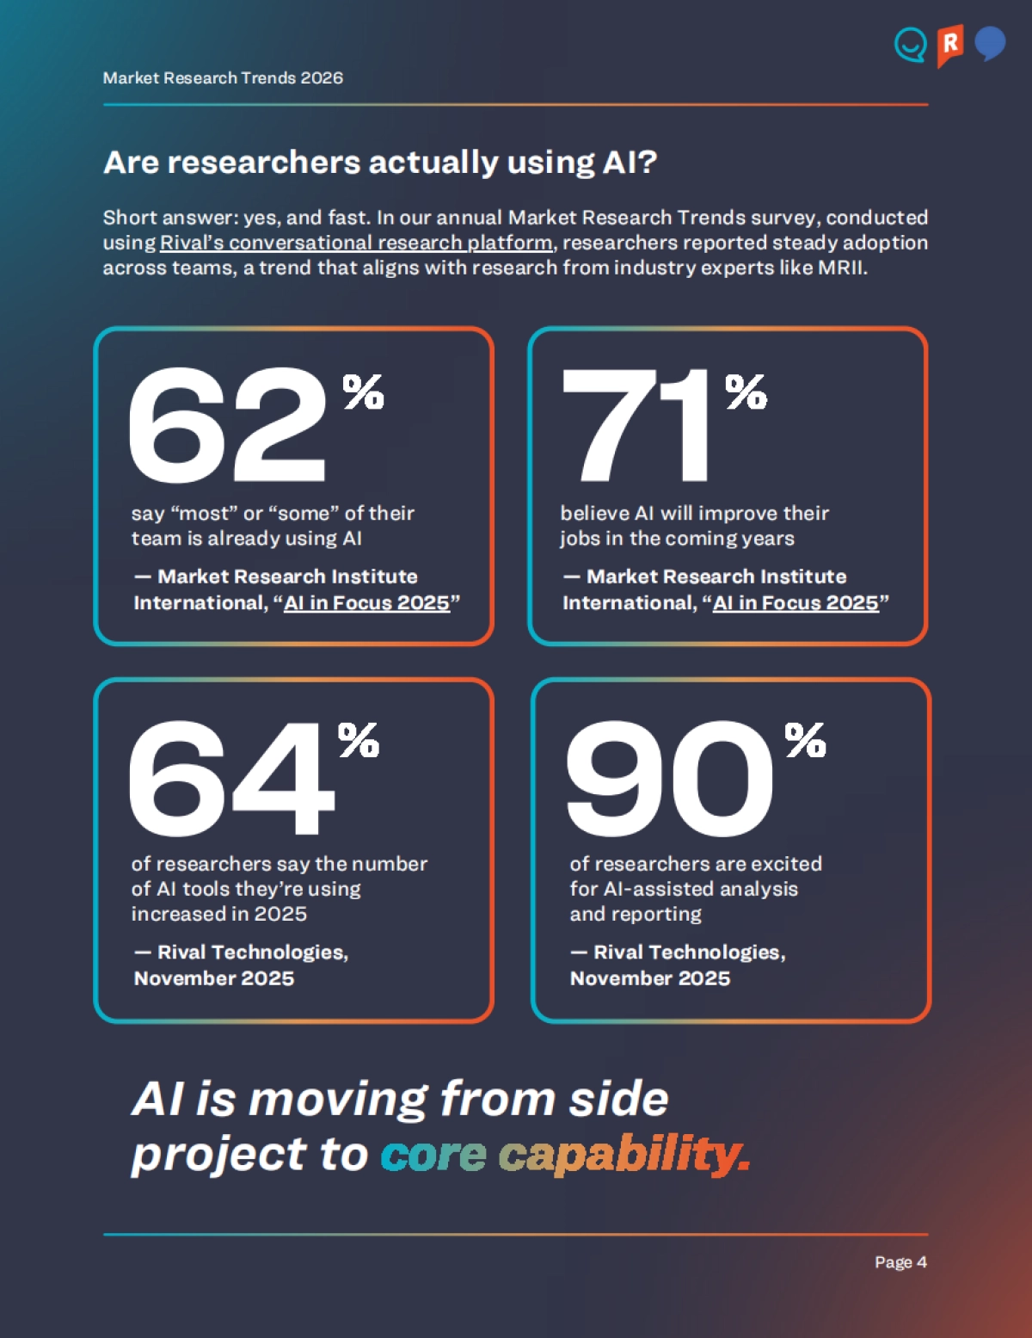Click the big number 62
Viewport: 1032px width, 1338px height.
(227, 425)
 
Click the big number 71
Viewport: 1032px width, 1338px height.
(636, 425)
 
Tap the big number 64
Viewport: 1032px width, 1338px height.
(230, 778)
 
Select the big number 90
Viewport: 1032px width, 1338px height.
(669, 778)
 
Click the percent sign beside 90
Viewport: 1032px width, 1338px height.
(805, 740)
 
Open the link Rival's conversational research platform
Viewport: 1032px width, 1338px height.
(356, 243)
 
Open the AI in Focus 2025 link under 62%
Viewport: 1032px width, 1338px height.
(367, 603)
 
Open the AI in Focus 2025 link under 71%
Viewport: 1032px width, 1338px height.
(795, 603)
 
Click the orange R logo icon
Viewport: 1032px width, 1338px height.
(949, 45)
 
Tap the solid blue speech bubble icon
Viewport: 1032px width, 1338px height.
(990, 43)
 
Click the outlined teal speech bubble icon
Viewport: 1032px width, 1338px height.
(910, 45)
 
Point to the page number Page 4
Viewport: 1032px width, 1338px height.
(900, 1262)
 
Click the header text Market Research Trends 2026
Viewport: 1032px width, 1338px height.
(223, 78)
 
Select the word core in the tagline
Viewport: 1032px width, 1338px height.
(433, 1155)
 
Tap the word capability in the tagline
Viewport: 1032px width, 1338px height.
(623, 1155)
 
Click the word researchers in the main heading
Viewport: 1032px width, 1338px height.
(263, 162)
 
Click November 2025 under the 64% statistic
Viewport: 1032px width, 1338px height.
(214, 978)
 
